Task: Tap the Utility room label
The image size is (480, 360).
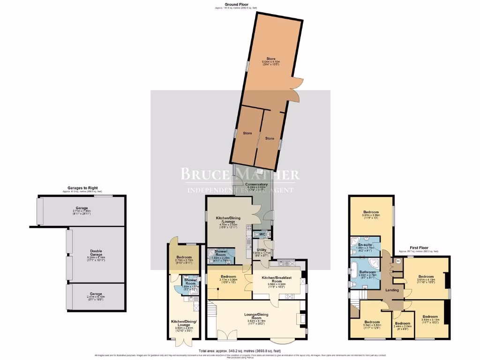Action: [x=261, y=250]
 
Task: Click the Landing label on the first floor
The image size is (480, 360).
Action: [x=392, y=290]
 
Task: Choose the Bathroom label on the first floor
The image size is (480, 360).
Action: [x=367, y=272]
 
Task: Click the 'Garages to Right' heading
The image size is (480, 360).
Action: [x=82, y=188]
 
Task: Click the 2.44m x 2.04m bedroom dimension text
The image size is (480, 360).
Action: [x=402, y=327]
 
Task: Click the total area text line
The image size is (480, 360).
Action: [x=240, y=351]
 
